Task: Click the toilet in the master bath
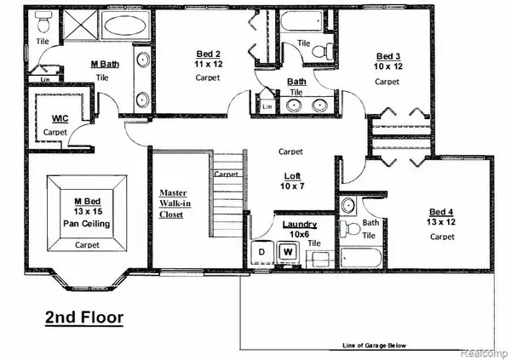43,22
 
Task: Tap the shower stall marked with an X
80,25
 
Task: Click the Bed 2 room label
209,54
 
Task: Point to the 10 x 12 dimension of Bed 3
388,66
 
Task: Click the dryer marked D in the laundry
262,252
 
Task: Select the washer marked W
288,252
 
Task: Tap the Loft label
292,176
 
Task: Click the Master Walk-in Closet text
175,203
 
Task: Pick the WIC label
60,118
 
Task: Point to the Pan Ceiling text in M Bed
86,224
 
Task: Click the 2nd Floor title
84,317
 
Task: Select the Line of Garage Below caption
375,346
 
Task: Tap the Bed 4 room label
441,212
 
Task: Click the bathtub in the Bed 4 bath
360,259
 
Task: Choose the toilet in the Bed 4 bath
348,229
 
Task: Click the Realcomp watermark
485,353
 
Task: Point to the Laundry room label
300,225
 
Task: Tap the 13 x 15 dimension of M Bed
88,212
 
